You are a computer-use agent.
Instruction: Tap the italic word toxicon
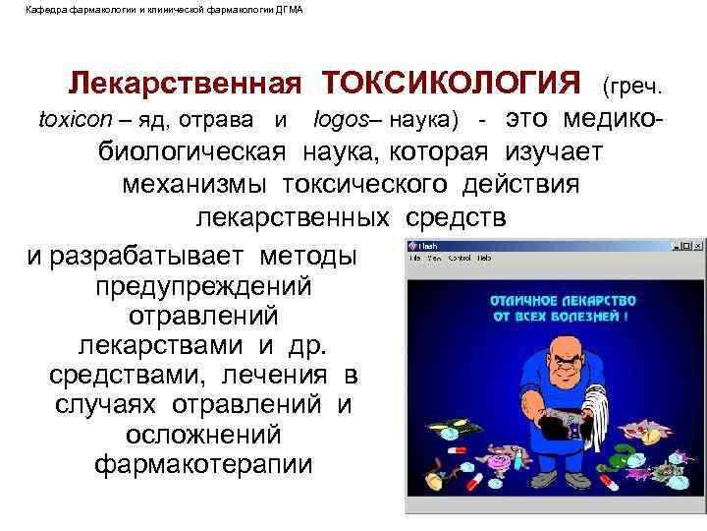(x=73, y=121)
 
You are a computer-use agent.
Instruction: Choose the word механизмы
(x=198, y=184)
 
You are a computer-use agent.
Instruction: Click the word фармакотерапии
(x=203, y=462)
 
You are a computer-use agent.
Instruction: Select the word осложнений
(x=203, y=434)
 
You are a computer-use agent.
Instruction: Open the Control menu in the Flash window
(x=460, y=258)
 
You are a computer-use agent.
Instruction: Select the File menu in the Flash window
(x=416, y=258)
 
